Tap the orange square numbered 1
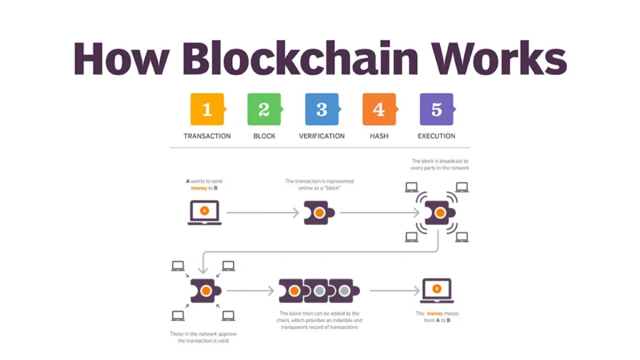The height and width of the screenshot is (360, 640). coord(207,109)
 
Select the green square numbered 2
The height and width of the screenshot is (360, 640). coord(264,109)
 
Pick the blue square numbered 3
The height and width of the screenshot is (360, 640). coord(321,109)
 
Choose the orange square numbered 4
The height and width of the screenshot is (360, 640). coord(379,109)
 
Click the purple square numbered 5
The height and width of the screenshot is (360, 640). coord(436,109)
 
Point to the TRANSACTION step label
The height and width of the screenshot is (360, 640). coord(207,136)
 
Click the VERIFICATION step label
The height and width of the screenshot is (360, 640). coord(321,136)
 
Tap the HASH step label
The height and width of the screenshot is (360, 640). coord(379,136)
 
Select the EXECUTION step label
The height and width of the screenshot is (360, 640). coord(436,136)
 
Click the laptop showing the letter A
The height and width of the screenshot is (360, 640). coord(204,212)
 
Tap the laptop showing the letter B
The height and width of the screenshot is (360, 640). coord(437,290)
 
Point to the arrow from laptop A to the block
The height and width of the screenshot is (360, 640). coord(262,213)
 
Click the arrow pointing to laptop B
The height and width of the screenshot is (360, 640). coord(394,291)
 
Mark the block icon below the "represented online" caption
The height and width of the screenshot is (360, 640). coord(319,213)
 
